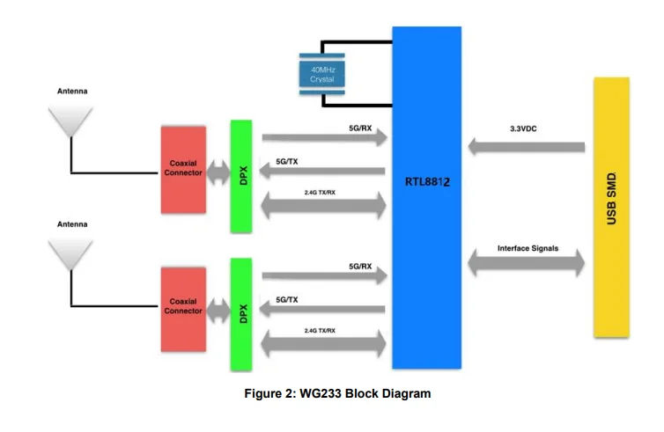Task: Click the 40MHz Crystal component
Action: pyautogui.click(x=322, y=74)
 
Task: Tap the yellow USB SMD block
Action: pyautogui.click(x=611, y=206)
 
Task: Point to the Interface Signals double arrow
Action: pyautogui.click(x=527, y=261)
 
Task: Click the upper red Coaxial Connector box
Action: pyautogui.click(x=184, y=168)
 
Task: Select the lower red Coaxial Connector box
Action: pyautogui.click(x=184, y=305)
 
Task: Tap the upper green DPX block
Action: pyautogui.click(x=241, y=176)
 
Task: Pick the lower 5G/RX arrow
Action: pyautogui.click(x=324, y=276)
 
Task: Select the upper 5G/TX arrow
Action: pyautogui.click(x=324, y=172)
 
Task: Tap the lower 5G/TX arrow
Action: pyautogui.click(x=324, y=309)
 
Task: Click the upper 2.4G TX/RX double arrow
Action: pyautogui.click(x=324, y=207)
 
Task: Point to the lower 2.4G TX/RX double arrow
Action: pyautogui.click(x=324, y=344)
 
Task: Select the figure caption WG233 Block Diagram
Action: pyautogui.click(x=337, y=393)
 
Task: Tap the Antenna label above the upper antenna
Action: pyautogui.click(x=72, y=92)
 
